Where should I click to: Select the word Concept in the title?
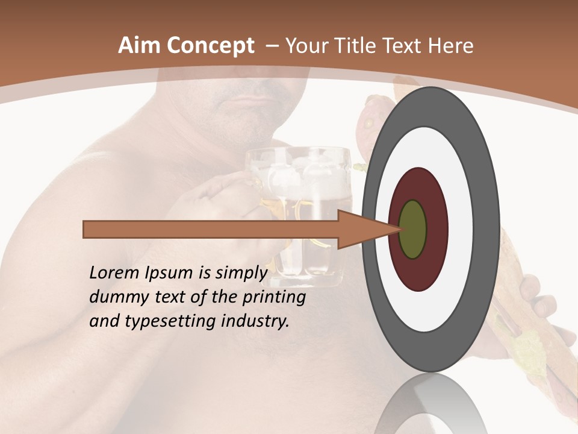click(210, 46)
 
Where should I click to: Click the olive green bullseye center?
click(413, 229)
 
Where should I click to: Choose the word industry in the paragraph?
click(255, 321)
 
